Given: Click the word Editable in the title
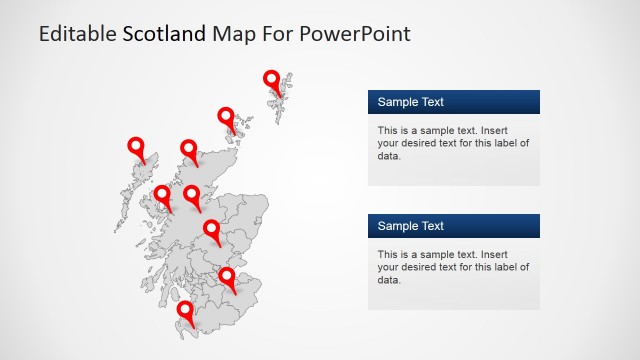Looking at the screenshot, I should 77,34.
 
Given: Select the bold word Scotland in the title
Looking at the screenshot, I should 165,34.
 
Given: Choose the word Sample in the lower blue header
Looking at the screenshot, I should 396,226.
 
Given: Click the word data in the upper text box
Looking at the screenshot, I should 389,156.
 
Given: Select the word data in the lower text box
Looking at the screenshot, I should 389,280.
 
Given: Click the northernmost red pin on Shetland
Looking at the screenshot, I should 271,80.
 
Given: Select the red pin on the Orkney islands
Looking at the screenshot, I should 226,117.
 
